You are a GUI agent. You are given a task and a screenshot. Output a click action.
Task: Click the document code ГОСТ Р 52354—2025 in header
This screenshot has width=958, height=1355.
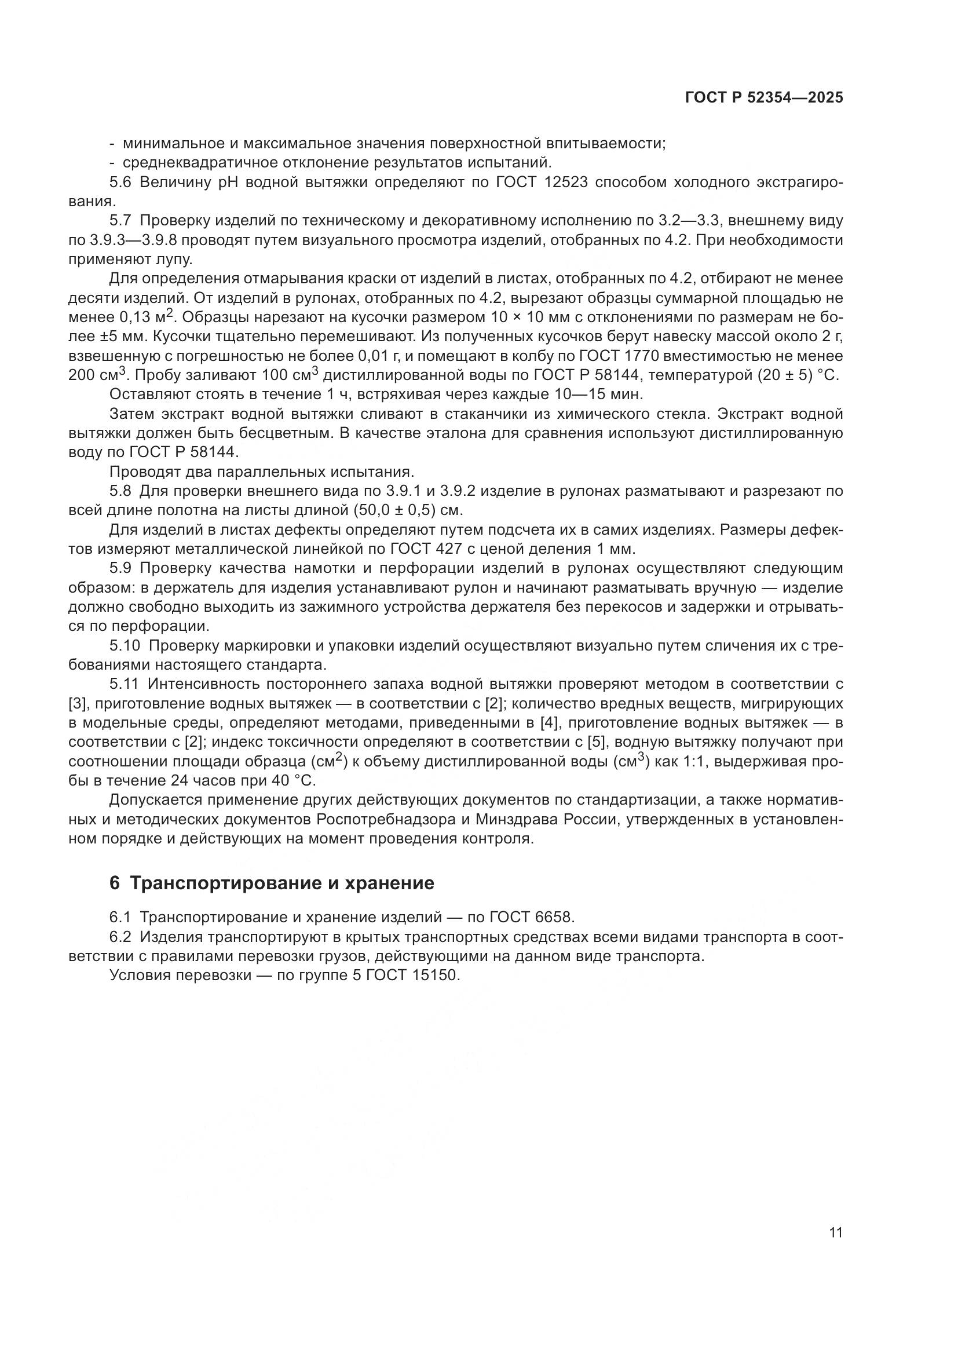point(763,98)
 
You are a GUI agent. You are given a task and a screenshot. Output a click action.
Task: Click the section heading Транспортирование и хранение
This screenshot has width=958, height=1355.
point(281,883)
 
